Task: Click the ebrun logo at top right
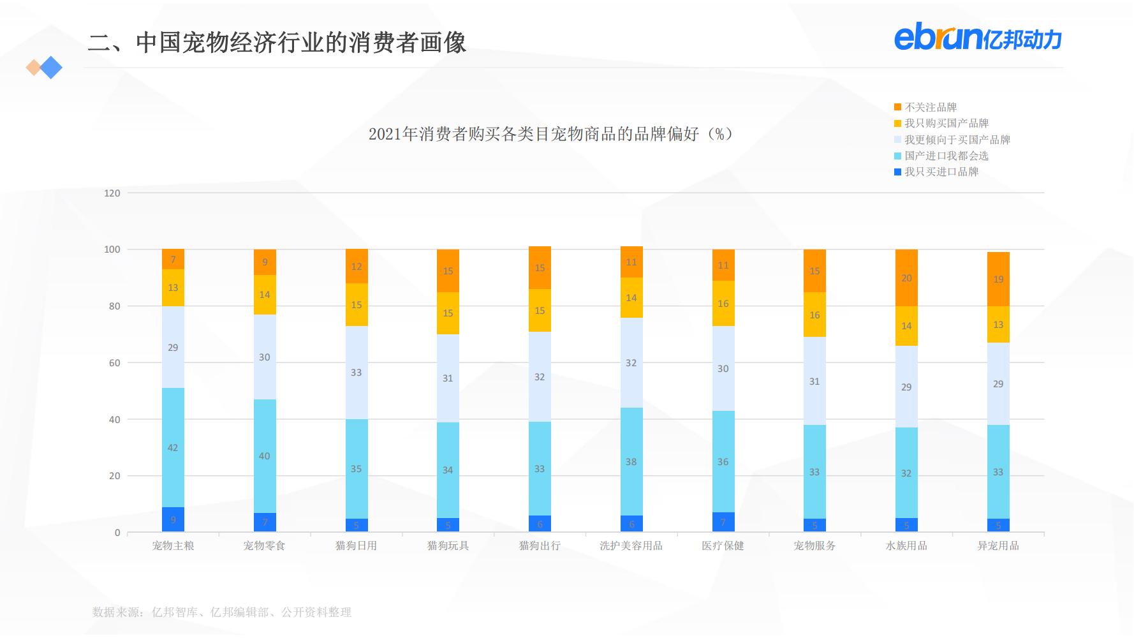977,38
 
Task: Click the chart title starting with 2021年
550,134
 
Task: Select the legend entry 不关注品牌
930,107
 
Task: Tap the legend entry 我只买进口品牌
941,172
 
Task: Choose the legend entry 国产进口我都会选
946,156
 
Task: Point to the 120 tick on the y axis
112,193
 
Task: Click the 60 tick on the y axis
114,363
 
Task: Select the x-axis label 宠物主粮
173,545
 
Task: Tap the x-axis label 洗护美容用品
631,545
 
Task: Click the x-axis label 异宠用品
998,545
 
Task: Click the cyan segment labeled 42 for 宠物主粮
173,447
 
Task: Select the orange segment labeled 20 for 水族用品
906,278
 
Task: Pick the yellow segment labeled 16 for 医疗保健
723,303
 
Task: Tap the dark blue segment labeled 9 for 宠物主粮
173,519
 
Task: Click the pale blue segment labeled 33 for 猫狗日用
356,373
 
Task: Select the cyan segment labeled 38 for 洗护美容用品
631,461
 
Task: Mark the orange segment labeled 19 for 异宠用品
998,279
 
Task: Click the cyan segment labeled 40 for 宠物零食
265,456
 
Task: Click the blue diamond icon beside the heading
51,68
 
